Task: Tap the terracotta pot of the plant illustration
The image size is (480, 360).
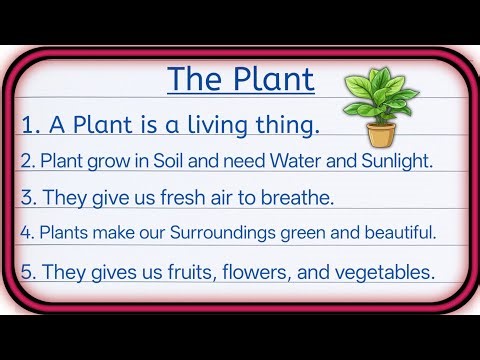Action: [x=379, y=134]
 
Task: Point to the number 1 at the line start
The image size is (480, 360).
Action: [x=28, y=125]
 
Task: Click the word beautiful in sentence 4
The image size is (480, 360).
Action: [x=397, y=232]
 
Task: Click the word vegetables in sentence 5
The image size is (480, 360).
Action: [x=387, y=271]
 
